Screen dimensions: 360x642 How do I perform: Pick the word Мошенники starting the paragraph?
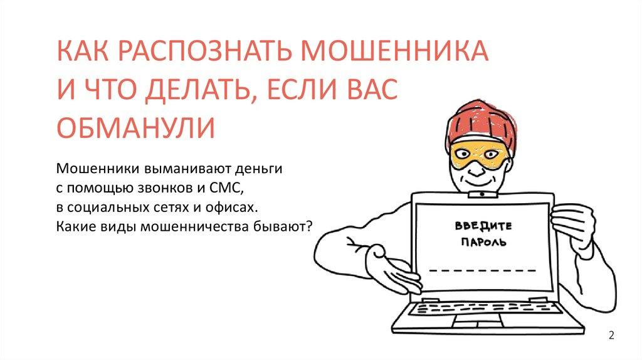(99, 169)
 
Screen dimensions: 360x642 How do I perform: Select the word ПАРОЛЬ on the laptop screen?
(483, 241)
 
